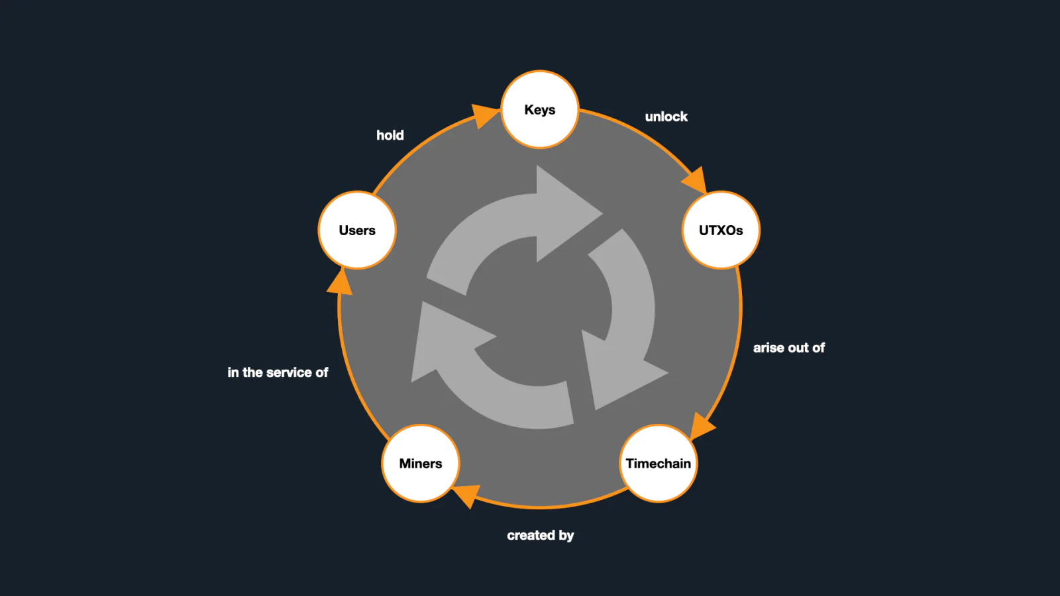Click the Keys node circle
[x=539, y=109]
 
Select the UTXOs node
[x=721, y=230]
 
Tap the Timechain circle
[x=659, y=463]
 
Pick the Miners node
[x=420, y=463]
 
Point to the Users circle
[x=357, y=230]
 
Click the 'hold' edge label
[x=390, y=135]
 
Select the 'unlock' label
[x=666, y=117]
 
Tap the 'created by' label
[x=541, y=536]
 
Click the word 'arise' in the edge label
[x=767, y=348]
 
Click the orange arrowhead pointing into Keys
[x=484, y=115]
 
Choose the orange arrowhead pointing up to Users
[x=341, y=282]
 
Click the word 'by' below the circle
[x=566, y=536]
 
